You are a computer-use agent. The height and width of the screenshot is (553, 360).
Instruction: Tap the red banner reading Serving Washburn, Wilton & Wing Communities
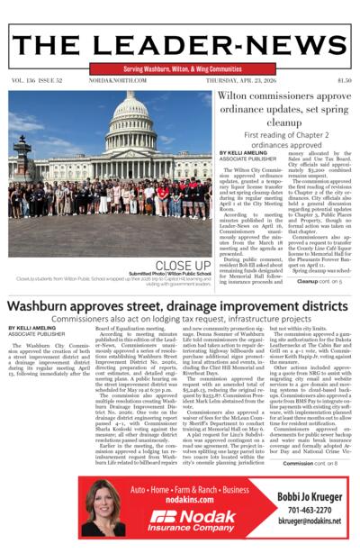pos(179,68)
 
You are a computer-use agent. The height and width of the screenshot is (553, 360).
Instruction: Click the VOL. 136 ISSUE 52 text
pos(32,80)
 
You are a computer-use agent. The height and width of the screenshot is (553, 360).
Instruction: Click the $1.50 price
pos(344,80)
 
